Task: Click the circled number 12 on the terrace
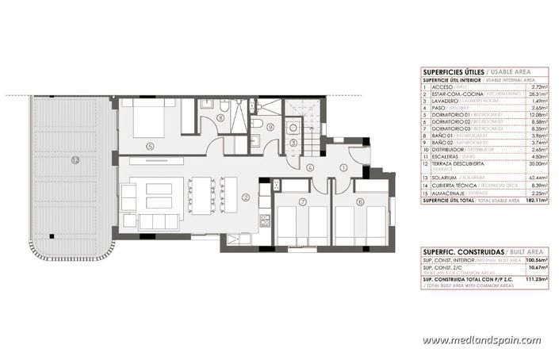(x=75, y=159)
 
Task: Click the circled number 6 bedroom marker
(x=360, y=202)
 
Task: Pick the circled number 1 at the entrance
(x=343, y=167)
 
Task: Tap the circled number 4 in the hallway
(x=311, y=167)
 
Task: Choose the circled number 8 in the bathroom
(x=220, y=118)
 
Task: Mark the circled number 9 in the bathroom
(x=270, y=127)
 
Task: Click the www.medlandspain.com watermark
(x=481, y=341)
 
